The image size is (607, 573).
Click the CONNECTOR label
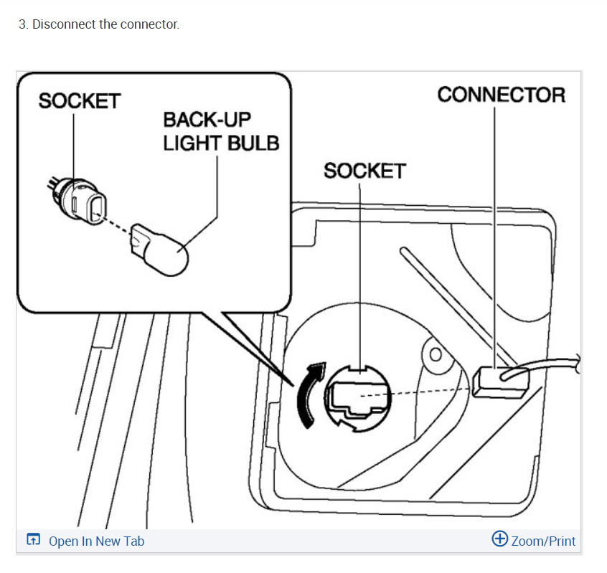tap(501, 95)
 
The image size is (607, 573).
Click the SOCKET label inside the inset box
tap(80, 101)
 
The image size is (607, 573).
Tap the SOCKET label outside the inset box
tap(364, 171)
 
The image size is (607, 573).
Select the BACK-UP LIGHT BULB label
tap(220, 131)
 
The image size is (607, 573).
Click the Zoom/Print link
tap(543, 541)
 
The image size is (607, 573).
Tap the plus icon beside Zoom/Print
tap(500, 539)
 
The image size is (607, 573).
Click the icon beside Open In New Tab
tap(33, 540)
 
